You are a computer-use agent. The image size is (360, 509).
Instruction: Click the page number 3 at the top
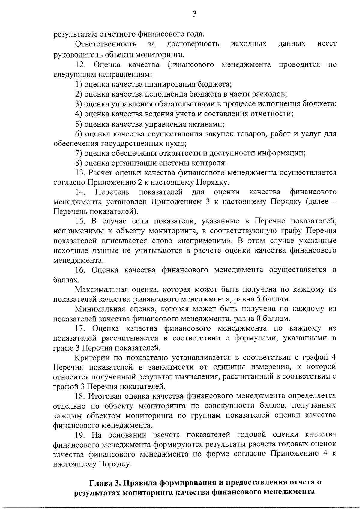click(194, 14)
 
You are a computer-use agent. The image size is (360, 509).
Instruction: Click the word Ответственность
click(106, 44)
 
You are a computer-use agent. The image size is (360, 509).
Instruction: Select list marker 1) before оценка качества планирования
click(79, 84)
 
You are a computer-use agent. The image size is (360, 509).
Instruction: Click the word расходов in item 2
click(271, 94)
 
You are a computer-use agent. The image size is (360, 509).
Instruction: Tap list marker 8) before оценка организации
click(79, 163)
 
